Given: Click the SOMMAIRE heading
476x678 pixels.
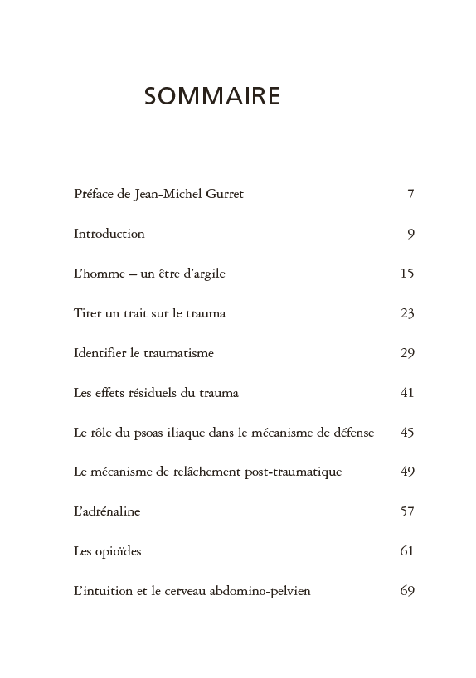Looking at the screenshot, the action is click(212, 96).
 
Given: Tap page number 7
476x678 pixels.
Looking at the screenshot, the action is click(410, 194).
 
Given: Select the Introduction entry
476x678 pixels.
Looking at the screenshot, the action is click(109, 234).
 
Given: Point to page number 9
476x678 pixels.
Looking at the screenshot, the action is click(410, 234).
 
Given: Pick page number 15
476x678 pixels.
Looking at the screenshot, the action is click(406, 274).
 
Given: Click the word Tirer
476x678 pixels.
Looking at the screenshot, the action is click(87, 313).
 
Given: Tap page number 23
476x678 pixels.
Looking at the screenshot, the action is click(406, 313).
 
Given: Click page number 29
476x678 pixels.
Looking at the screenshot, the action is click(406, 353).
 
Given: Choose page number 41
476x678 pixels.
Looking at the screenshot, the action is click(406, 393).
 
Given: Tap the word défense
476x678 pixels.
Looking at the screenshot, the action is click(352, 433).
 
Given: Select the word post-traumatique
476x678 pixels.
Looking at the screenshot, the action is click(293, 472).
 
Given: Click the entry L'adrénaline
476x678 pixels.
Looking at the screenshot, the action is click(107, 511).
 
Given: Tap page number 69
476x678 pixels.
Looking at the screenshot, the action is click(406, 591).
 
